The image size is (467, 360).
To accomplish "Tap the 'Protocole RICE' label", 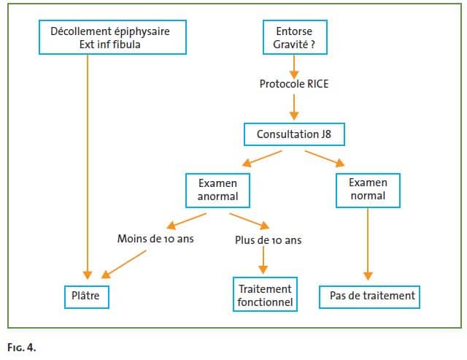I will (x=293, y=84).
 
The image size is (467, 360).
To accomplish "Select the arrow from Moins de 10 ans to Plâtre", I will (x=125, y=264).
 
